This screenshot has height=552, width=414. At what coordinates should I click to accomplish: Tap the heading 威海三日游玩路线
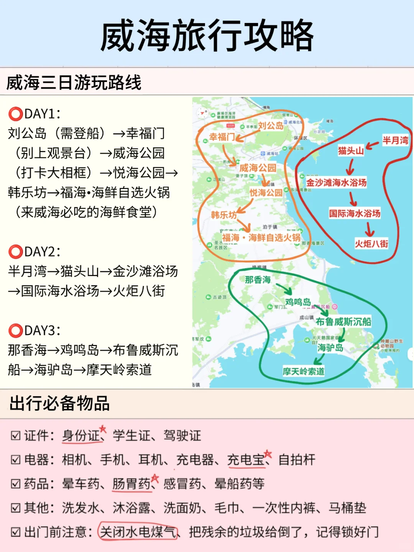74,82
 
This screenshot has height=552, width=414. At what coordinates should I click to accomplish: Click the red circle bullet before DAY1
15,114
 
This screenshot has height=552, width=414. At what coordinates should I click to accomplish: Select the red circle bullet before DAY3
15,330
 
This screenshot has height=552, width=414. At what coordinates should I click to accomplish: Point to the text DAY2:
42,252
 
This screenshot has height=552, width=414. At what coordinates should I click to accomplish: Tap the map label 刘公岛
271,125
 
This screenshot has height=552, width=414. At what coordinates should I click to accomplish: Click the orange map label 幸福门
222,137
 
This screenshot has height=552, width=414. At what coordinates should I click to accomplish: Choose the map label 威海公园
258,168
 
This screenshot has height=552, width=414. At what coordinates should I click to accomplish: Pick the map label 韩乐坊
224,215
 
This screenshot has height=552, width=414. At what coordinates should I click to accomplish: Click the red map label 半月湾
395,140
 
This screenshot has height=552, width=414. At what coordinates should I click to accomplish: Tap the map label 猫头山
351,151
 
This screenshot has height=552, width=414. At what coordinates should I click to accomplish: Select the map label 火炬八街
371,244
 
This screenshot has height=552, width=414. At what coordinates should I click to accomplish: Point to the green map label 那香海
258,280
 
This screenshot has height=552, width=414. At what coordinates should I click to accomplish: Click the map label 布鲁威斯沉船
343,322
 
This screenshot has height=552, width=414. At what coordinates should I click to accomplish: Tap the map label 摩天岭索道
304,371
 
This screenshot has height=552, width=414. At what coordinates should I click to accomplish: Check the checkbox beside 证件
16,436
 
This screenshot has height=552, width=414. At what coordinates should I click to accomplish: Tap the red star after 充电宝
268,454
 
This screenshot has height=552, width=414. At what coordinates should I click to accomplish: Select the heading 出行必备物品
60,404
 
